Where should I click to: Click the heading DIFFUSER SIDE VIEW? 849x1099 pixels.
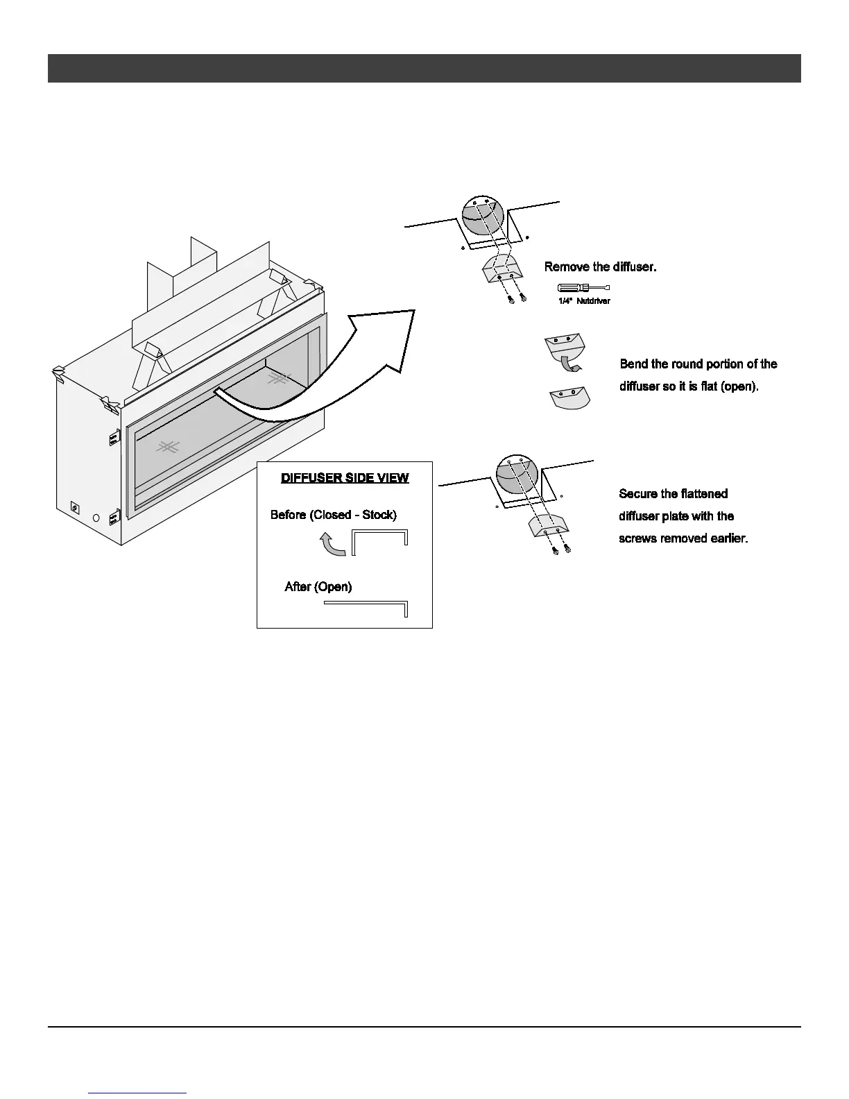[x=345, y=478]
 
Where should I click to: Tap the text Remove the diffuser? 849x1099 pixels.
[x=600, y=267]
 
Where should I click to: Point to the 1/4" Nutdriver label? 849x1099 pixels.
[x=584, y=301]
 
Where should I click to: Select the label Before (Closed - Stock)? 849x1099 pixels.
[x=334, y=515]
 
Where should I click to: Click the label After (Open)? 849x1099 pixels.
[x=318, y=587]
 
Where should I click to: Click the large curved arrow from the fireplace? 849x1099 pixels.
[x=326, y=375]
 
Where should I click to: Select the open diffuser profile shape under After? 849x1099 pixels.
[x=366, y=607]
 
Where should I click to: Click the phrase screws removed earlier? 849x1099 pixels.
[x=683, y=538]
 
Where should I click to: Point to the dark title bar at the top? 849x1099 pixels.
[x=424, y=68]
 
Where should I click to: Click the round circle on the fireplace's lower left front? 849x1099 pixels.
[x=96, y=518]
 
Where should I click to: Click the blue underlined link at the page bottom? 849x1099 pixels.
[x=138, y=1092]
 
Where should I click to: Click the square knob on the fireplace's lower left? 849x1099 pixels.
[x=75, y=507]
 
